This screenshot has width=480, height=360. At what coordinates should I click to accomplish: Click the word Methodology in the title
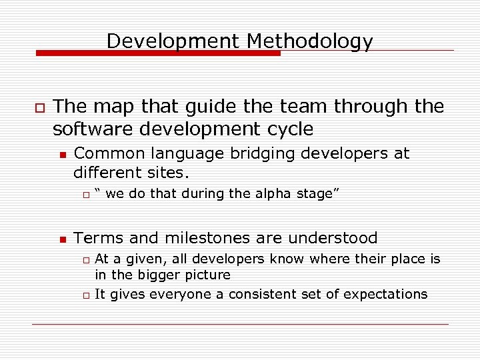tap(309, 41)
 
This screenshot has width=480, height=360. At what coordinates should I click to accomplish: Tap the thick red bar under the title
tap(157, 53)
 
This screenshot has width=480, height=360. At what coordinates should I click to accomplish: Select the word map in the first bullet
tap(111, 106)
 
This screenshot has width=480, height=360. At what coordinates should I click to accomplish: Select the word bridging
tap(263, 153)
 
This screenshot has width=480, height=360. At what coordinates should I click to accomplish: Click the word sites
tap(170, 173)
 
